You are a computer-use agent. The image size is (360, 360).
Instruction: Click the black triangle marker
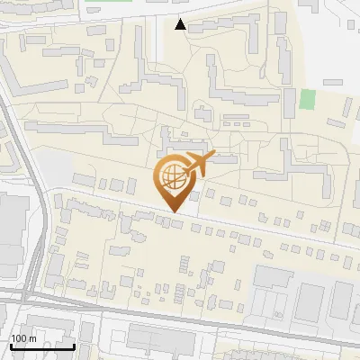181,25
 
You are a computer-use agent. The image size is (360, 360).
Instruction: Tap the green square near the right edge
309,100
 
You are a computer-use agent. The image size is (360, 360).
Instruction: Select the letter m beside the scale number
32,338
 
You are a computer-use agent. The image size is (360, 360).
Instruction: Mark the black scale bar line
42,346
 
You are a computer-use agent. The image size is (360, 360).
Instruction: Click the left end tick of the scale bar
11,345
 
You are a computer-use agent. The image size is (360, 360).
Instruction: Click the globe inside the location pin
170,173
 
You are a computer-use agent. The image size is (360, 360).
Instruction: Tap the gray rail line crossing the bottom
180,318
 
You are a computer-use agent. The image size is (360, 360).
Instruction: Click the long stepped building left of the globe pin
90,212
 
